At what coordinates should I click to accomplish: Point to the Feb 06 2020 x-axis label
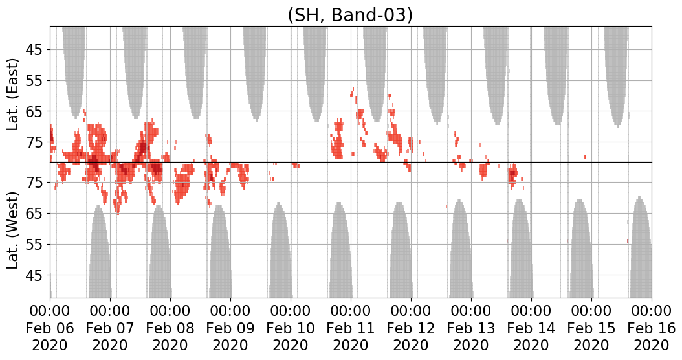point(50,328)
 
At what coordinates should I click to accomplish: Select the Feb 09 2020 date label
point(230,328)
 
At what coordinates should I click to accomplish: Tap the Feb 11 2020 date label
point(351,328)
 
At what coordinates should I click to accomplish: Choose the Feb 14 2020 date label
point(531,328)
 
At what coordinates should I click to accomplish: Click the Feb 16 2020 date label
point(652,328)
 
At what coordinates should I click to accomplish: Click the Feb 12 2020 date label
point(411,328)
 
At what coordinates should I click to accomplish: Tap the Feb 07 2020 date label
point(110,328)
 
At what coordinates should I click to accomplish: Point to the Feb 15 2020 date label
point(591,328)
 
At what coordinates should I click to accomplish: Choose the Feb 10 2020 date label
point(291,328)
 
